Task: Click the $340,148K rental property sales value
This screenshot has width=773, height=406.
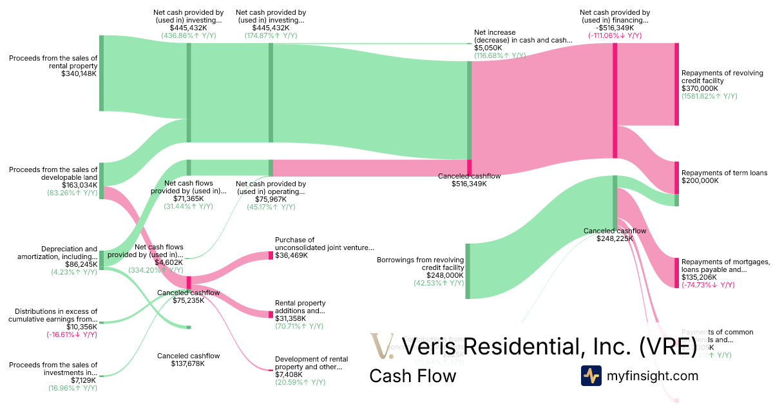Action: [79, 73]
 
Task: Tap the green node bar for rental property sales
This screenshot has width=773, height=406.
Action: [101, 73]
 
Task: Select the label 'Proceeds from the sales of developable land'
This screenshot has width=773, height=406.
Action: [53, 173]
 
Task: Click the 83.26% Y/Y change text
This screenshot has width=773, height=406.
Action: [72, 193]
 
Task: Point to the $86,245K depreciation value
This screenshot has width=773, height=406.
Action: [81, 264]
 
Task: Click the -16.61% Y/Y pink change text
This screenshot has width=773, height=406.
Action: [72, 335]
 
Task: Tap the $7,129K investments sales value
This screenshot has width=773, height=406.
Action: [84, 380]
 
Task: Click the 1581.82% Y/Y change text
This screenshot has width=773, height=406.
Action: [709, 96]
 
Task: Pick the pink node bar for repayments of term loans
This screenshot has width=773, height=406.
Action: [676, 177]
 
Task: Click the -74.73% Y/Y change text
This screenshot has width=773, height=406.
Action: [708, 285]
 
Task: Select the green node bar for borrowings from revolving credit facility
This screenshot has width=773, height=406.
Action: [468, 271]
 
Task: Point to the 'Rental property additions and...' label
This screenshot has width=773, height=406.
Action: [300, 307]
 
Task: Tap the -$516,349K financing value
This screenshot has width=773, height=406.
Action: [615, 28]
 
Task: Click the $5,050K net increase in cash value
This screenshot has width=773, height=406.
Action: [488, 48]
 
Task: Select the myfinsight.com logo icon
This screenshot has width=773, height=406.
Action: [591, 376]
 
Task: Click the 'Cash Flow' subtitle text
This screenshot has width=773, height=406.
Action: [412, 376]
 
